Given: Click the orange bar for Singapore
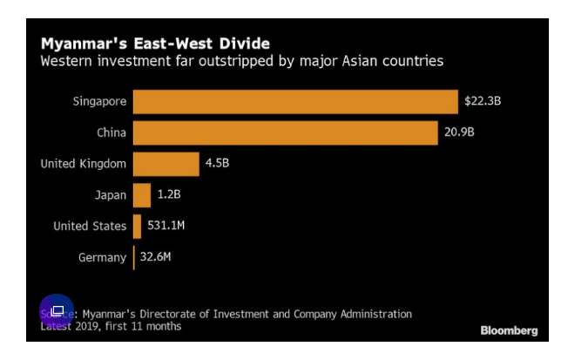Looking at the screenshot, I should click(294, 101).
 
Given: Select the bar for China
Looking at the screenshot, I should click(285, 132).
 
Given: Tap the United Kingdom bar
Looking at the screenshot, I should click(166, 163).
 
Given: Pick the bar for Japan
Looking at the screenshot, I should click(142, 194).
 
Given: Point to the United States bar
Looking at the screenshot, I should click(137, 226).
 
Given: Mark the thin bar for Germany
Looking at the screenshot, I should click(133, 257).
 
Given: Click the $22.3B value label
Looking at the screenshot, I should click(483, 101).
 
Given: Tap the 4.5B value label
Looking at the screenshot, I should click(217, 163).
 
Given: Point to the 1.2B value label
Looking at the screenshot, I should click(170, 194).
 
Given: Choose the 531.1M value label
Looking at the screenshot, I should click(166, 226).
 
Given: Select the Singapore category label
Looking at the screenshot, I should click(100, 101).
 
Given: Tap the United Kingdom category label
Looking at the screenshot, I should click(84, 163).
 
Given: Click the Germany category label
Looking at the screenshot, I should click(102, 257).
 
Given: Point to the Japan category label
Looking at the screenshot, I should click(111, 194).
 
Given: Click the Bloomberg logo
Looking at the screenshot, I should click(509, 330).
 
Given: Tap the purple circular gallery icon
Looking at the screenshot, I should click(57, 311).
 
